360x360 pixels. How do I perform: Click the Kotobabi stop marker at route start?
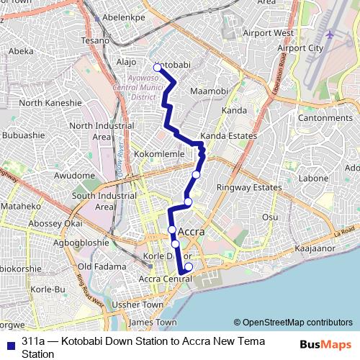coord(157,68)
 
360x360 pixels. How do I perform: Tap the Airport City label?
coord(300,48)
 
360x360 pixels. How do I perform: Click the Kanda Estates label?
coord(228,135)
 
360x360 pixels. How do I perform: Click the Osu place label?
coord(270,217)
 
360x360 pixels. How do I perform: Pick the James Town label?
coord(152,323)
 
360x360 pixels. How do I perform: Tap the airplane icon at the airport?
coord(330,34)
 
